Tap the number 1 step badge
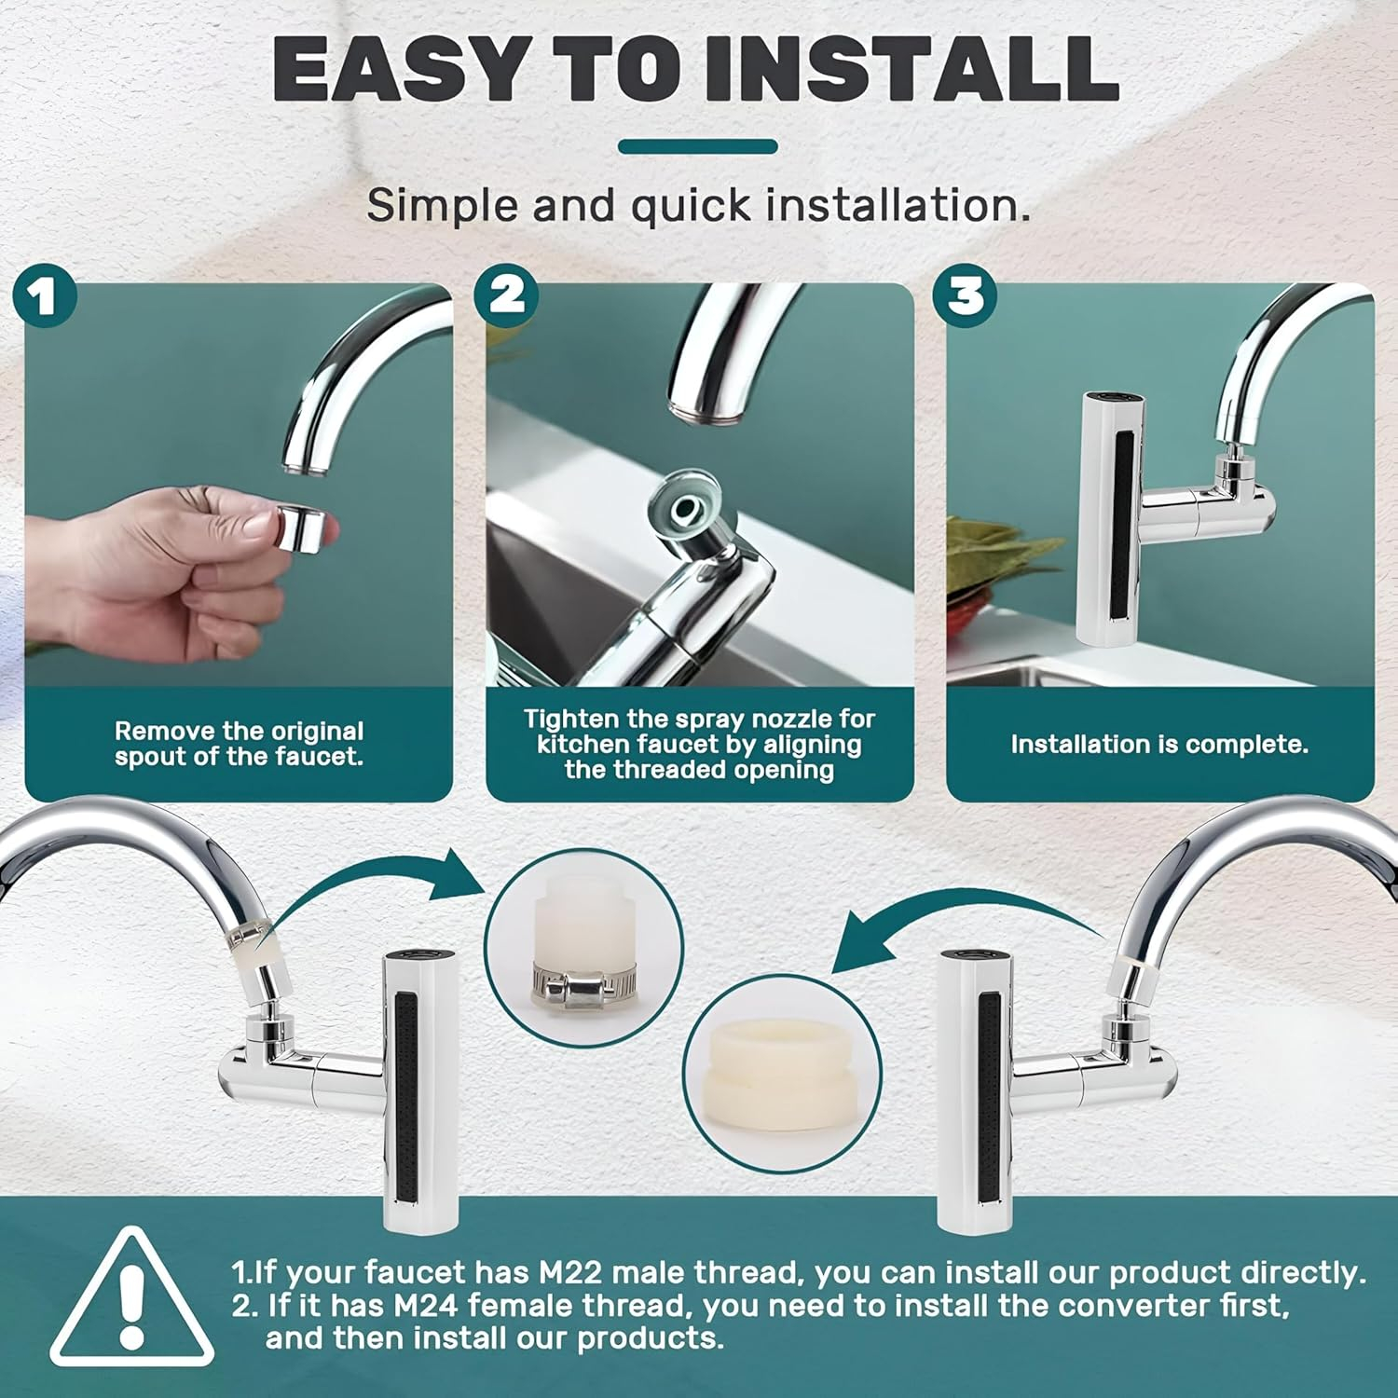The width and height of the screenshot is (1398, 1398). tap(44, 295)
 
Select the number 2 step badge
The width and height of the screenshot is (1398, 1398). tap(506, 295)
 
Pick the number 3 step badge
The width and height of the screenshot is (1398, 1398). tap(966, 295)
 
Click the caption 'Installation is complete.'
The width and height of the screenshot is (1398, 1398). tap(1159, 744)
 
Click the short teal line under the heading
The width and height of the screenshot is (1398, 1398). tap(698, 146)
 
